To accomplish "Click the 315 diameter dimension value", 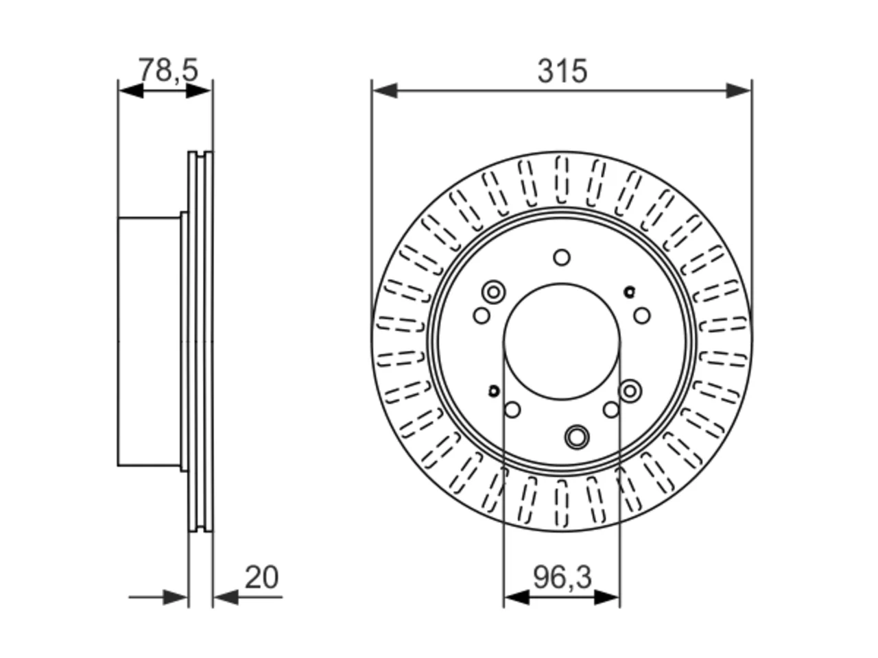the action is tap(562, 71).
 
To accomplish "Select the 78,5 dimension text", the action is tap(168, 70).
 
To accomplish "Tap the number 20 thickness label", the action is tap(261, 577).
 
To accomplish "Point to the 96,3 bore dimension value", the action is tap(562, 577).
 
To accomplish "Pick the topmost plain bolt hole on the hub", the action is tap(562, 257).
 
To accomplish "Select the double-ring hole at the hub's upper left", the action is tap(493, 292).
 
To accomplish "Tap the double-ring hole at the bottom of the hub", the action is tap(577, 437).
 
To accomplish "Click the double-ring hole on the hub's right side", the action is tap(630, 391).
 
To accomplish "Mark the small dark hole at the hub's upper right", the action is tap(629, 292).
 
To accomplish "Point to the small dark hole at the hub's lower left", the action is tap(494, 391).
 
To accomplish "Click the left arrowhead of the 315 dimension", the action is tap(385, 91).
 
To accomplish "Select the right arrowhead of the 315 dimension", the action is tap(738, 91).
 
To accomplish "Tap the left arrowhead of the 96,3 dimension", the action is tap(517, 597).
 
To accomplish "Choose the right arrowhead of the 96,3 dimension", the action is tap(607, 597).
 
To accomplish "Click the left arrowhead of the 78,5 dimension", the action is tap(131, 91).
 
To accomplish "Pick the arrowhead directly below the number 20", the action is tap(226, 597).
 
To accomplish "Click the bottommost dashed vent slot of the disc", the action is tap(562, 503).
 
